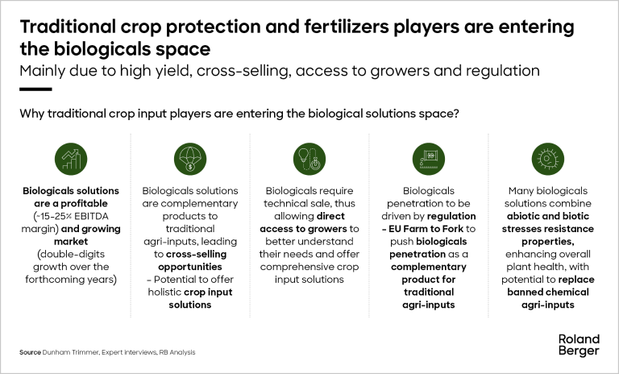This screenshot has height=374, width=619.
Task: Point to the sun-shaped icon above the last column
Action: [x=546, y=156]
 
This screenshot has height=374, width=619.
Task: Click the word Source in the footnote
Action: [x=30, y=352]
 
